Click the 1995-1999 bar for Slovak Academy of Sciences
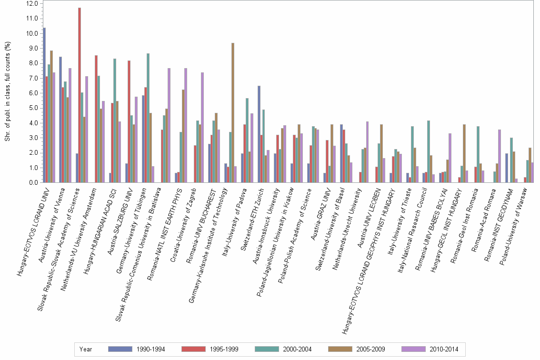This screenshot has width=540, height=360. pyautogui.click(x=80, y=95)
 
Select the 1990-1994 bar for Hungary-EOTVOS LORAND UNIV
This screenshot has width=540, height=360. pyautogui.click(x=44, y=105)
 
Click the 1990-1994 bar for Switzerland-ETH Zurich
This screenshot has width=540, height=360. pyautogui.click(x=259, y=134)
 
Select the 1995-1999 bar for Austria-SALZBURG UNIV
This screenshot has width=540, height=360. pyautogui.click(x=129, y=121)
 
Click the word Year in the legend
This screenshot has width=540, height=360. pyautogui.click(x=86, y=350)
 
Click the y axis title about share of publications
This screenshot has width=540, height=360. pyautogui.click(x=8, y=91)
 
